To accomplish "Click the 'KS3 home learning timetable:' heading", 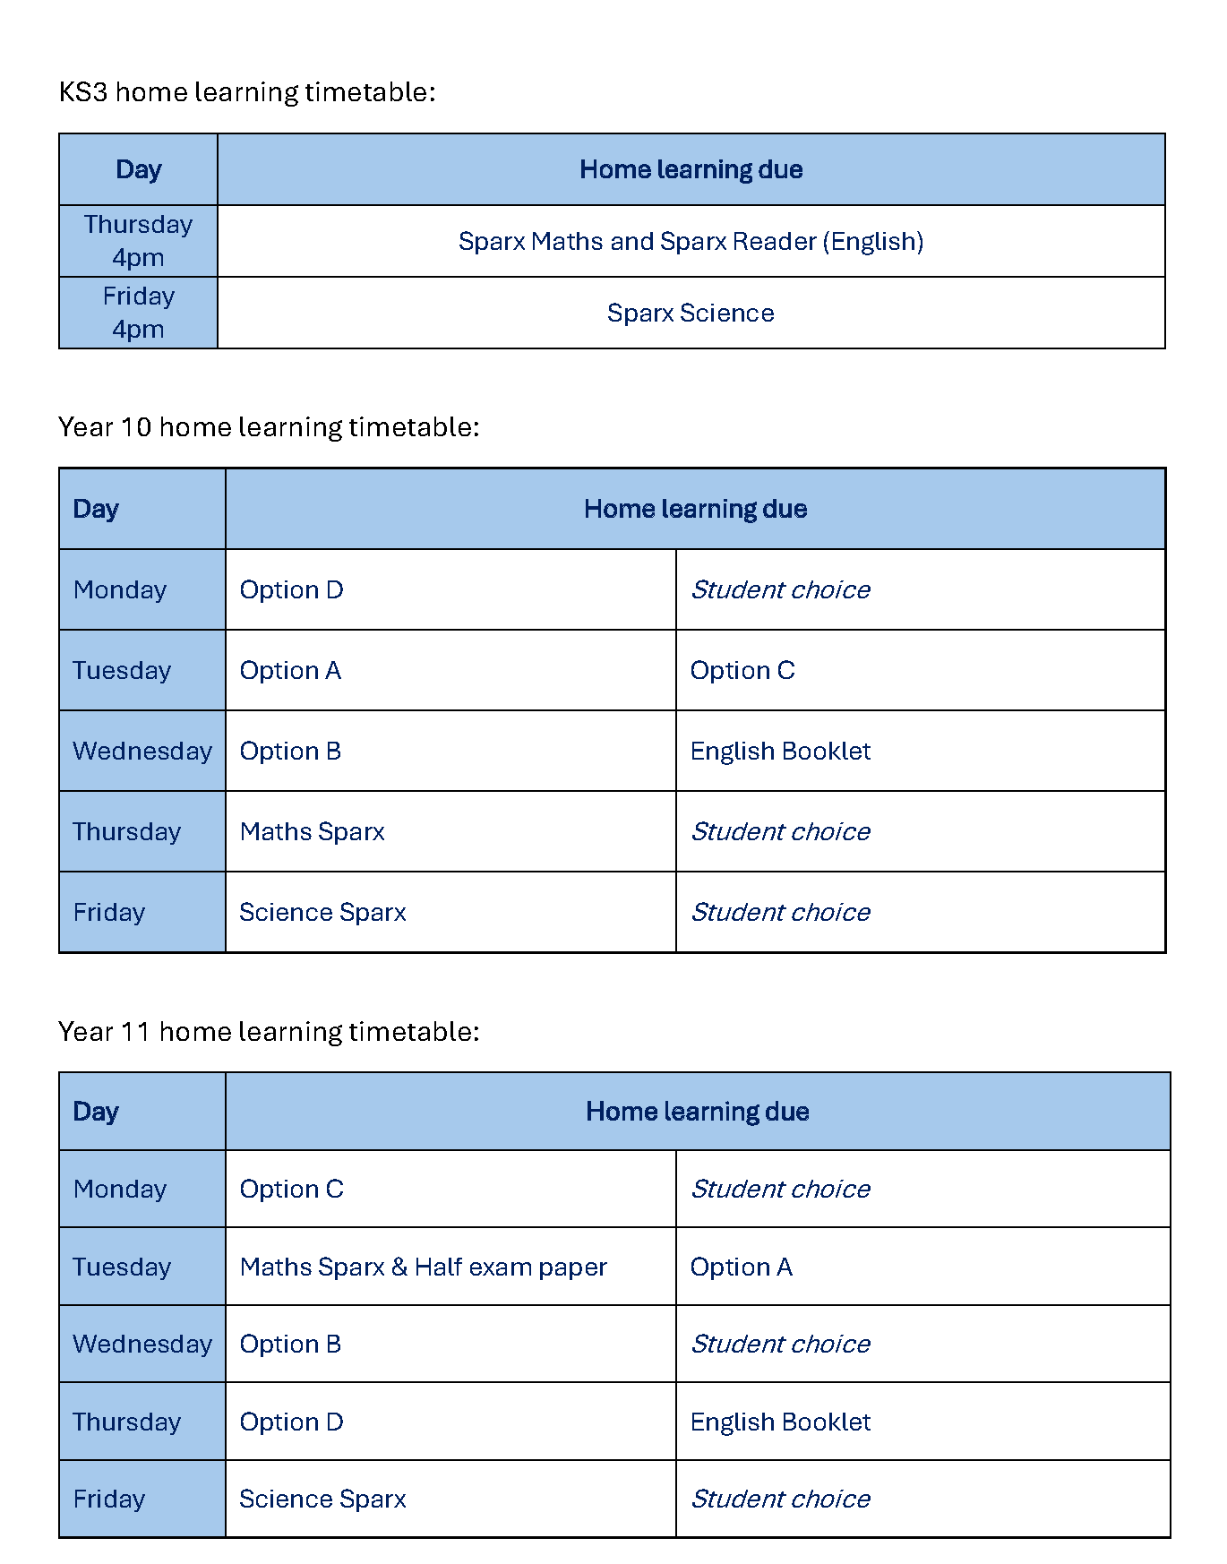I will point(246,92).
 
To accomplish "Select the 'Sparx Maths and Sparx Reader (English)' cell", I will point(691,241).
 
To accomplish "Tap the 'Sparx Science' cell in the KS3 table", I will point(691,313).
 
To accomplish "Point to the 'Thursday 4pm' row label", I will point(138,241).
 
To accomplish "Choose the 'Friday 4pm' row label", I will point(138,313).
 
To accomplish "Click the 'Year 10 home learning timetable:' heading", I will point(269,427).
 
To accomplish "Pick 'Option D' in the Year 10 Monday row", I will point(292,590).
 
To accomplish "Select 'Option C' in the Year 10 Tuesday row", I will point(742,671).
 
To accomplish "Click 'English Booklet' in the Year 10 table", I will point(780,752).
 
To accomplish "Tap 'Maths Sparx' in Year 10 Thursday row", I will point(312,832).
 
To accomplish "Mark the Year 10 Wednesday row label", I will point(142,752).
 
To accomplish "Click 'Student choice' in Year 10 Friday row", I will point(780,913).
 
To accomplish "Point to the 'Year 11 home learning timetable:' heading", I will point(269,1032).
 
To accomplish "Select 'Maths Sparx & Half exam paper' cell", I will point(423,1268).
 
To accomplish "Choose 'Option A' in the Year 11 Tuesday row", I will point(741,1268).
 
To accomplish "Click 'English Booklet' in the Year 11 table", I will point(780,1422).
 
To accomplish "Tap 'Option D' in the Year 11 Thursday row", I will point(292,1422).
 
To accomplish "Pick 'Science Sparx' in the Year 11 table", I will point(322,1500).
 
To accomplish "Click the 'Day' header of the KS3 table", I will point(139,170).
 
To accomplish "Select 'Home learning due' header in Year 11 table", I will point(697,1112).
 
